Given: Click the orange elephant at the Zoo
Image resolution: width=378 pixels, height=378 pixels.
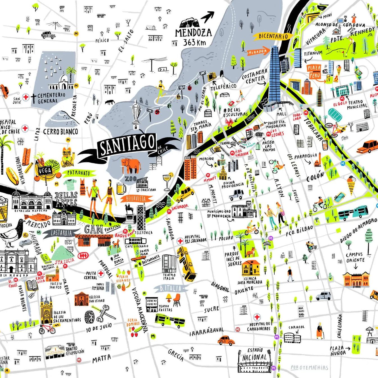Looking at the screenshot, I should click(131, 166).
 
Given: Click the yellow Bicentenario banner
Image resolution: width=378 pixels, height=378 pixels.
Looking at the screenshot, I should click(273, 36).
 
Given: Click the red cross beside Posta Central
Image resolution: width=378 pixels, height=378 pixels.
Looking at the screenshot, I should click(101, 273).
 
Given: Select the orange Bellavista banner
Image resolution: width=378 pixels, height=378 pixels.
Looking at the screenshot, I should click(136, 199).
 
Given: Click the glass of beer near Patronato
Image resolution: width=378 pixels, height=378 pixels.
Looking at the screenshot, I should click(121, 188).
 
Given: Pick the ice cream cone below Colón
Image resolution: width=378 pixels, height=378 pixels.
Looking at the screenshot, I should click(351, 184).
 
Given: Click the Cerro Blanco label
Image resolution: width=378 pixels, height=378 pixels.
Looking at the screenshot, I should click(60, 132).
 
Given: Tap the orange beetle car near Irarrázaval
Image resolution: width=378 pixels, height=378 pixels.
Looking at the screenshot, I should click(226, 340).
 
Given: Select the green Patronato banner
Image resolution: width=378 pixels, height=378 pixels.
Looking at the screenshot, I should click(79, 173).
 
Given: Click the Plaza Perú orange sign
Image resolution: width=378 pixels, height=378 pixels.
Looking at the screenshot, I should click(314, 72).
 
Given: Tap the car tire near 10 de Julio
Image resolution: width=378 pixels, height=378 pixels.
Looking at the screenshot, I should click(90, 316).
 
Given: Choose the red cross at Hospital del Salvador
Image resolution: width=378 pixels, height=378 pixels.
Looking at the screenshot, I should click(180, 241).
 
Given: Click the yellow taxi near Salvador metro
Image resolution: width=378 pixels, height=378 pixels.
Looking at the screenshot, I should click(185, 194).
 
